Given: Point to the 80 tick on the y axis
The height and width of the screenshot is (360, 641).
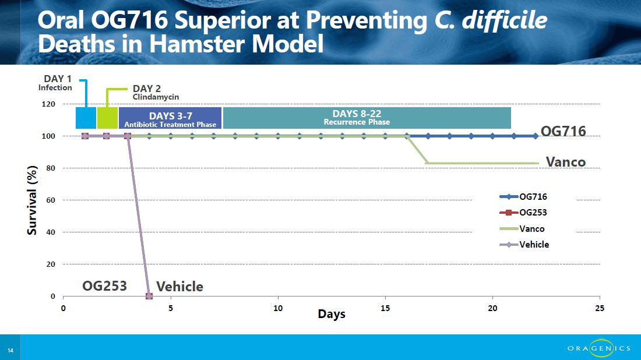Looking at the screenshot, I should pos(50,168).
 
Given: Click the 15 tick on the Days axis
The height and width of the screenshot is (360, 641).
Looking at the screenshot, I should pos(385,308).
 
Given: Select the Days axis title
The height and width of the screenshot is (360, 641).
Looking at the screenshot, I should pos(332,314).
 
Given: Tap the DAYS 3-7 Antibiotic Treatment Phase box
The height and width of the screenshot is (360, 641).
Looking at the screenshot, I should pos(170,118).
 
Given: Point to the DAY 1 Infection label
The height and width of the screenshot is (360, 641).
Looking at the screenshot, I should pos(56,83).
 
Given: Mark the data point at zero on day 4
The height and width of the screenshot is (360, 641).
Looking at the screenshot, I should pos(149,296).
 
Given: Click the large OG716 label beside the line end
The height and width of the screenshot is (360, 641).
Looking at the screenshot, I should pos(563,131).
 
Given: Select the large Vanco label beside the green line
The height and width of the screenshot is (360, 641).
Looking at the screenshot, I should pos(565,162).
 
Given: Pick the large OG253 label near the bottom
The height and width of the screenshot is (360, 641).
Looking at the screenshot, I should pos(104,285).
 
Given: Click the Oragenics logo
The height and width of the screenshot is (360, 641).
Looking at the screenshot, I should pos(598,348).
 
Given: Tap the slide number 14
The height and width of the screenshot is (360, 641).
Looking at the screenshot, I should pos(10,350).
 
